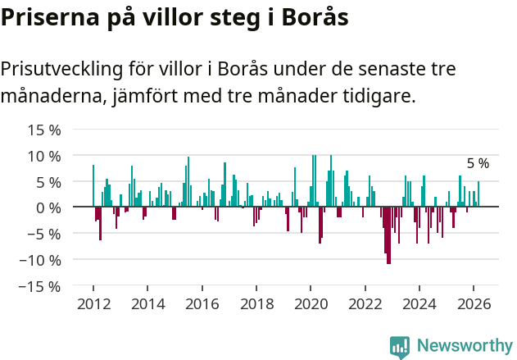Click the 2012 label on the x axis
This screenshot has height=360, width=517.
click(x=93, y=303)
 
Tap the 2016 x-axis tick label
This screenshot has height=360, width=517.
click(x=202, y=303)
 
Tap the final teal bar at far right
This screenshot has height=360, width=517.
click(x=478, y=194)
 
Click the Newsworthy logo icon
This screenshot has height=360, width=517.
click(x=400, y=346)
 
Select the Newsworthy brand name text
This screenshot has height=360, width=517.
click(x=464, y=346)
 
